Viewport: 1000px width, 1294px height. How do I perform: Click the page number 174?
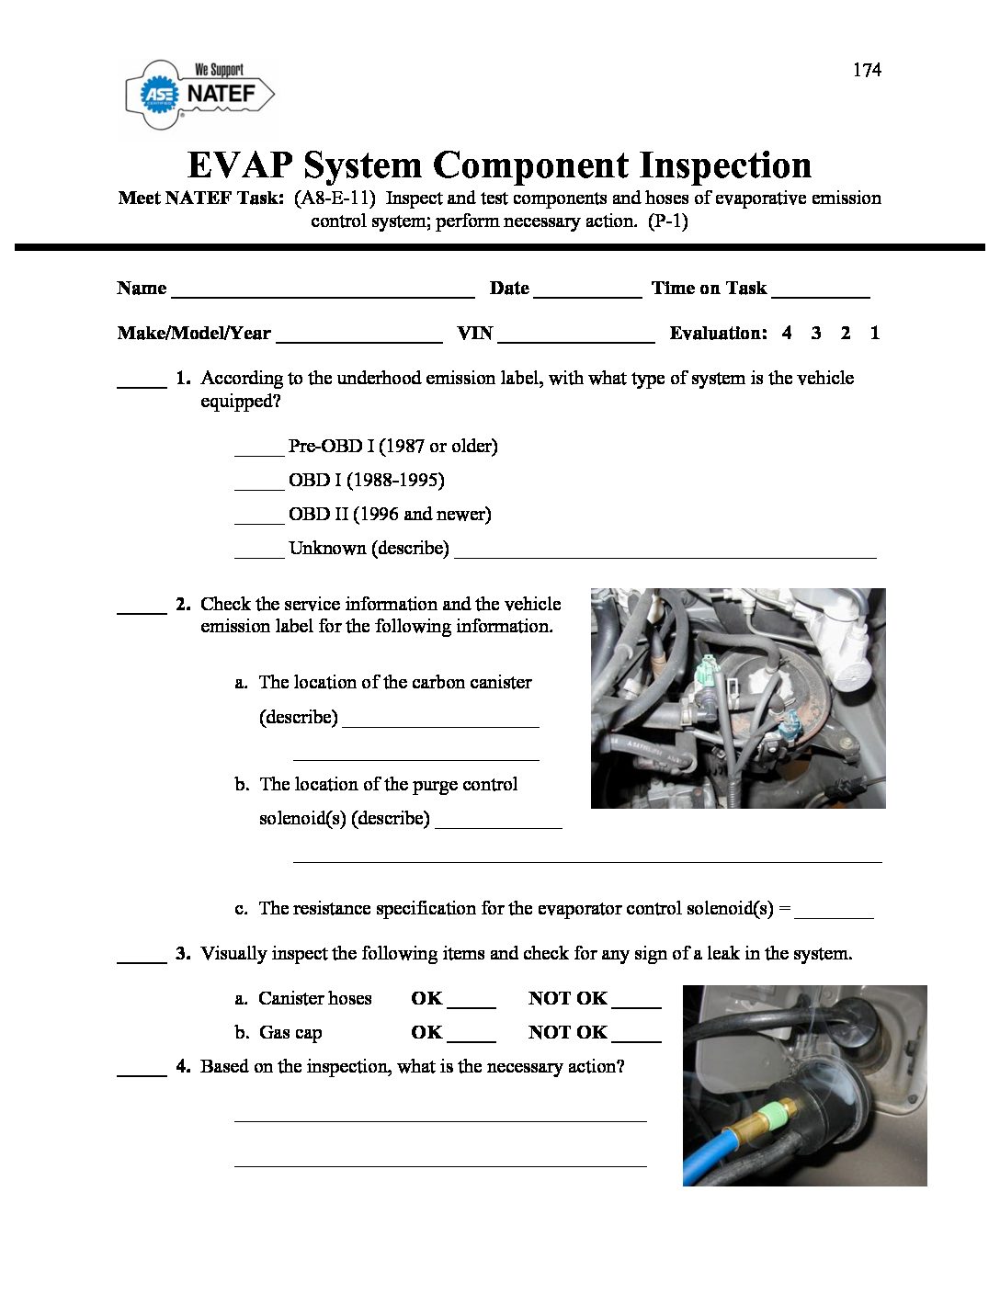pyautogui.click(x=867, y=70)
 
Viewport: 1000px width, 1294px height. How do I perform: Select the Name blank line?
pyautogui.click(x=323, y=292)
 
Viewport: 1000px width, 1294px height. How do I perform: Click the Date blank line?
pyautogui.click(x=587, y=292)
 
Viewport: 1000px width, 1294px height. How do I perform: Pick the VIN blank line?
pyautogui.click(x=576, y=337)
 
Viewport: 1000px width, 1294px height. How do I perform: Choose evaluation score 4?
pyautogui.click(x=787, y=333)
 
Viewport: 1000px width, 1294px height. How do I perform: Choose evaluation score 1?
pyautogui.click(x=875, y=333)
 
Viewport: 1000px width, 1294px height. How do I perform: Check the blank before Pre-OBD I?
pyautogui.click(x=259, y=450)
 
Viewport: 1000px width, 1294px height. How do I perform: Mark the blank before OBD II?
pyautogui.click(x=259, y=518)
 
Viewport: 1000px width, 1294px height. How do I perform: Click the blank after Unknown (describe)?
pyautogui.click(x=665, y=553)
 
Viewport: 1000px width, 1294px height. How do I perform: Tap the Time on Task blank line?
pyautogui.click(x=821, y=292)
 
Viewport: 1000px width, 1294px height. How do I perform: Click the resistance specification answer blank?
pyautogui.click(x=834, y=914)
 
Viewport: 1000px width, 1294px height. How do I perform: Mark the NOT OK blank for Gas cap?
pyautogui.click(x=636, y=1038)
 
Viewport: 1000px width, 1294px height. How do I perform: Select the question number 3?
pyautogui.click(x=183, y=953)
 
